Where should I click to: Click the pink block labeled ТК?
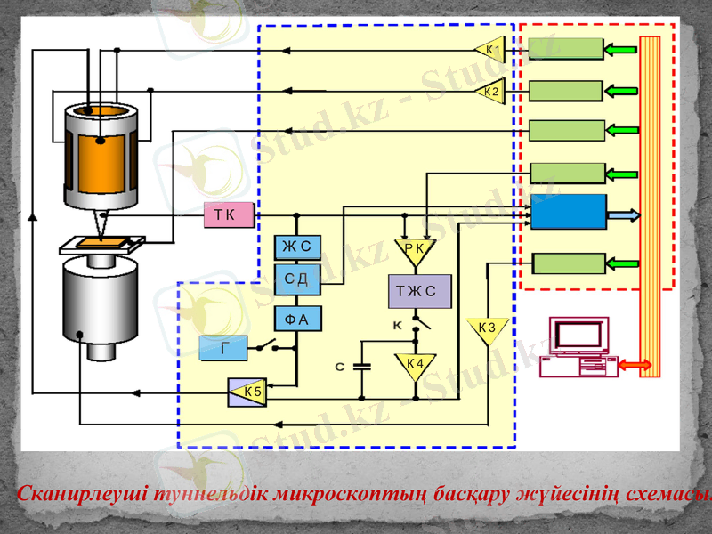click(x=229, y=215)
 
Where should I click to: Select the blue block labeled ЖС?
click(x=297, y=247)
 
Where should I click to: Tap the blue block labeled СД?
click(x=297, y=279)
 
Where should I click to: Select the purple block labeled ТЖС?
click(x=419, y=290)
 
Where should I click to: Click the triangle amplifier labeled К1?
click(x=490, y=49)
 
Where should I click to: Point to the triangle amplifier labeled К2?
click(x=490, y=91)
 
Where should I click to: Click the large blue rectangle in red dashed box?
click(x=569, y=212)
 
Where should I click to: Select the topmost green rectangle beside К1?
click(x=566, y=49)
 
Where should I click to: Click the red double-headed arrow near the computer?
click(x=622, y=366)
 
